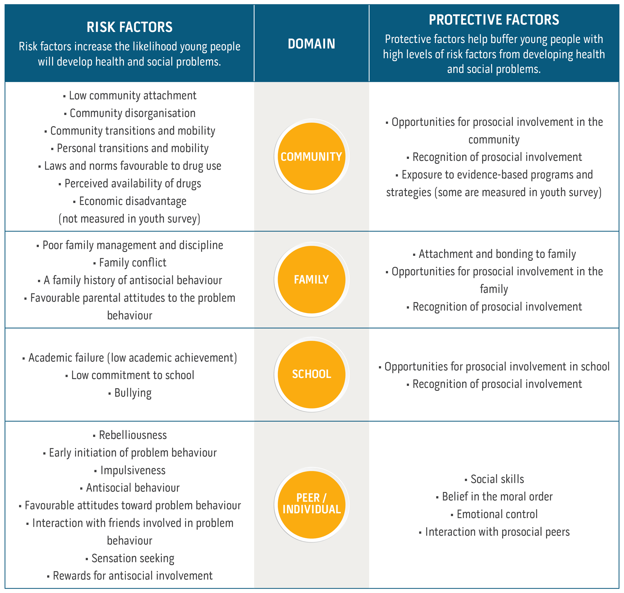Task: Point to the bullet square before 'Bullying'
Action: pyautogui.click(x=109, y=394)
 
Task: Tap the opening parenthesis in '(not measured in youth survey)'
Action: pyautogui.click(x=60, y=219)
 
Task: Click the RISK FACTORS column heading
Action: pyautogui.click(x=130, y=27)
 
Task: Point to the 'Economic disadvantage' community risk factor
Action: pyautogui.click(x=133, y=201)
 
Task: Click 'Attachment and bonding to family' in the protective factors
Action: pyautogui.click(x=497, y=254)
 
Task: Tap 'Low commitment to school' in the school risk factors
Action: pyautogui.click(x=133, y=375)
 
